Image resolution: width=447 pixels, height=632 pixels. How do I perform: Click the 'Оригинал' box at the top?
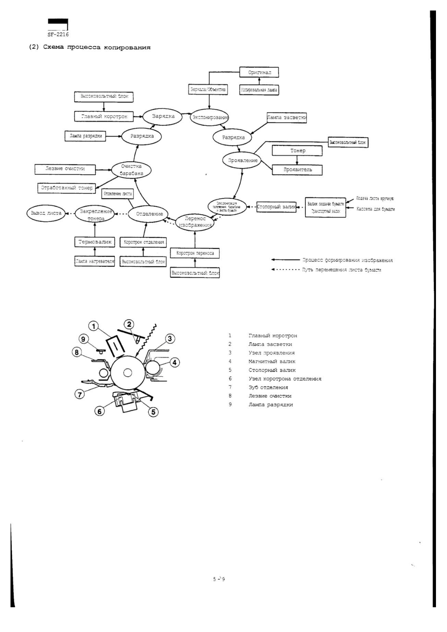pos(259,72)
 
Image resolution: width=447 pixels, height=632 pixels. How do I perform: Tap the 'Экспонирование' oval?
pos(210,117)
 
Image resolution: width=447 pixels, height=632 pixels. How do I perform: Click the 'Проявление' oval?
pos(243,160)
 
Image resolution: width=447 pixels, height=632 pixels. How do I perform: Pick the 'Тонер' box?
pos(298,150)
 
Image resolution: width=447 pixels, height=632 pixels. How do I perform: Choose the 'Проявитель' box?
pos(298,169)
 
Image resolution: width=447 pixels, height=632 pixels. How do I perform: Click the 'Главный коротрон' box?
pos(104,117)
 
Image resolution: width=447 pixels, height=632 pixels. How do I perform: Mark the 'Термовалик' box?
pos(95,242)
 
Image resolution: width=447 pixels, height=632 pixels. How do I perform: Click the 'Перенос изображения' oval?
pos(195,222)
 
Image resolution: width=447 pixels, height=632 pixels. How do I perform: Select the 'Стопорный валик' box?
pos(276,207)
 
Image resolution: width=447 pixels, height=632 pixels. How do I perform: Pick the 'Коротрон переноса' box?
pos(195,253)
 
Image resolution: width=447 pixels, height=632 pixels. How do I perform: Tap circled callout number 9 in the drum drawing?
pos(83,339)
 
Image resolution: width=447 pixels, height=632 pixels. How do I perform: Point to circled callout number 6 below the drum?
pos(99,411)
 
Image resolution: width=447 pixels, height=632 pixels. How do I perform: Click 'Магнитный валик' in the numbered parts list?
pos(272,361)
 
